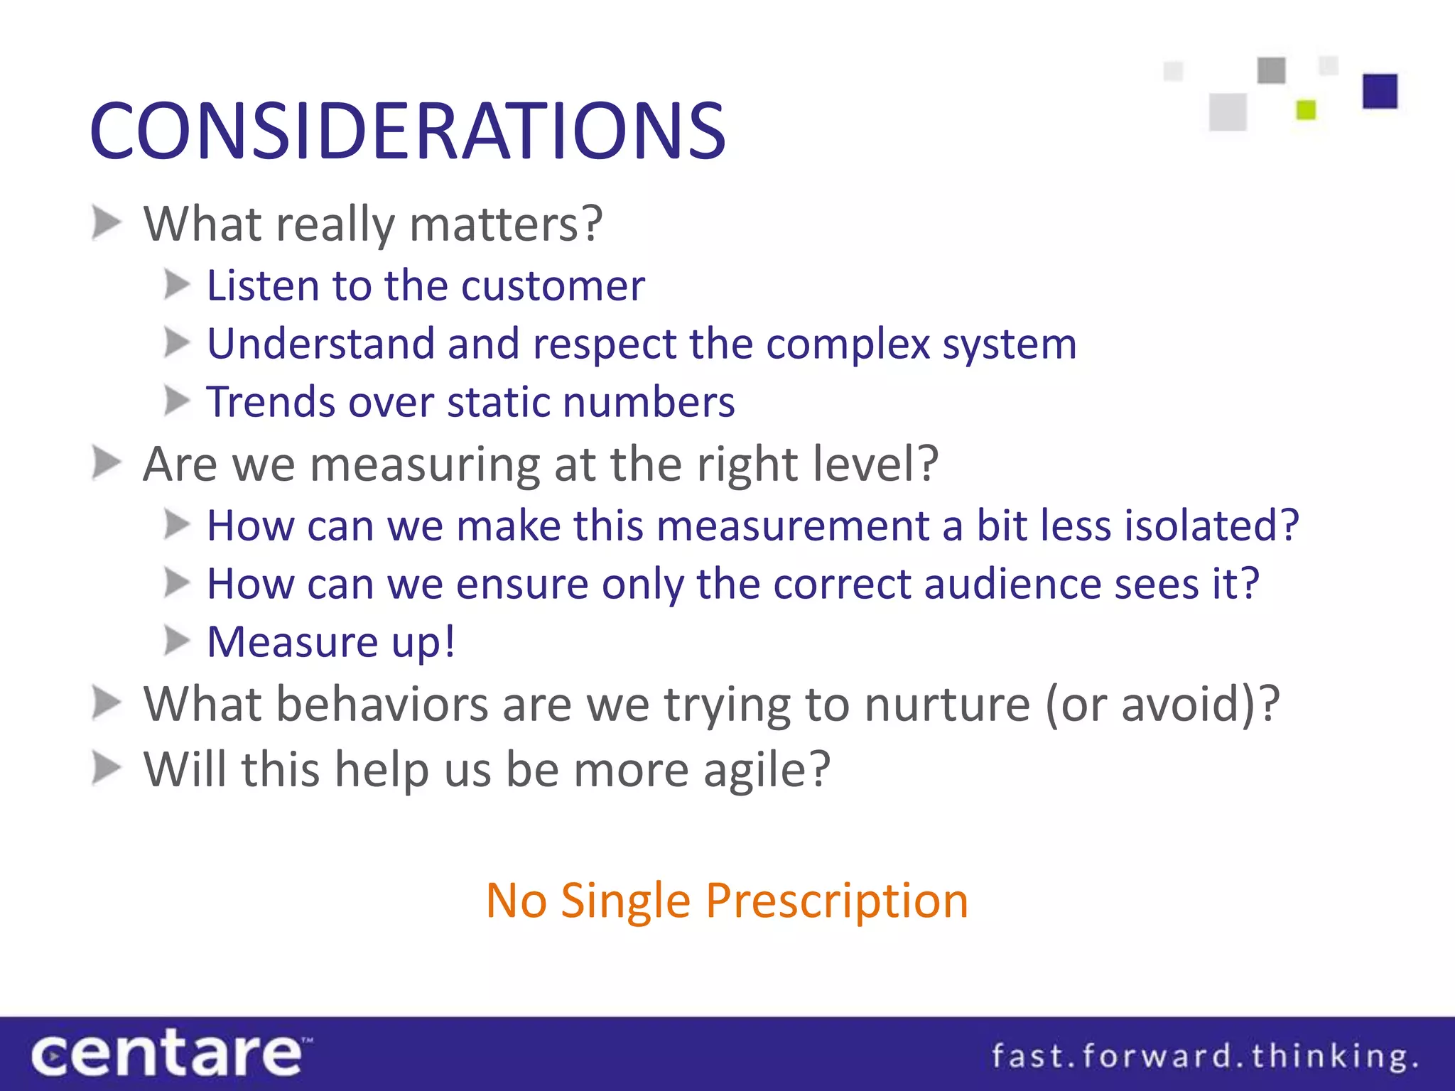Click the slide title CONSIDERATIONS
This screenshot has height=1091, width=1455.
click(x=407, y=131)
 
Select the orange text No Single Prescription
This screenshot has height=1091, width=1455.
click(x=727, y=901)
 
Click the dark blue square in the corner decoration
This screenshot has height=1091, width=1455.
click(x=1380, y=91)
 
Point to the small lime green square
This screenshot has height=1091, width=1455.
click(x=1306, y=110)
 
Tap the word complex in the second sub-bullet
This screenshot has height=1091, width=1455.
click(x=848, y=344)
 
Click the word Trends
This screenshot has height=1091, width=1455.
click(x=270, y=402)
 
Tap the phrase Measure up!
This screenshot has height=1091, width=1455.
click(x=331, y=642)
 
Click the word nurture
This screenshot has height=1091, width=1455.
click(x=946, y=705)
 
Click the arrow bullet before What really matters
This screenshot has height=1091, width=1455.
click(x=107, y=223)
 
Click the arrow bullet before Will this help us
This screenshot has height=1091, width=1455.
click(x=107, y=769)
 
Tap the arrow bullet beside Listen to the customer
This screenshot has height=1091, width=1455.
click(x=177, y=286)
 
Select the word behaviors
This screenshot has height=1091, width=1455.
click(x=382, y=705)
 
